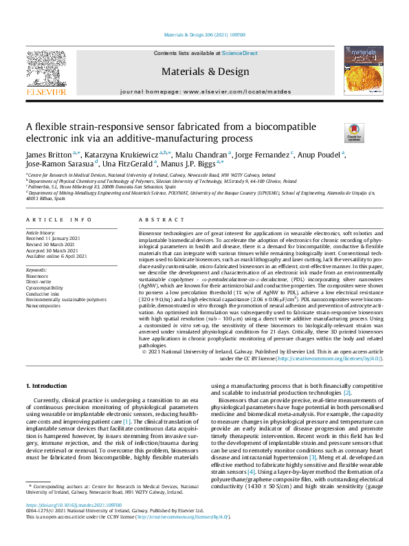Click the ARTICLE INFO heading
58,219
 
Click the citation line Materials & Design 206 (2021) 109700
206,15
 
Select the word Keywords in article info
37,270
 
